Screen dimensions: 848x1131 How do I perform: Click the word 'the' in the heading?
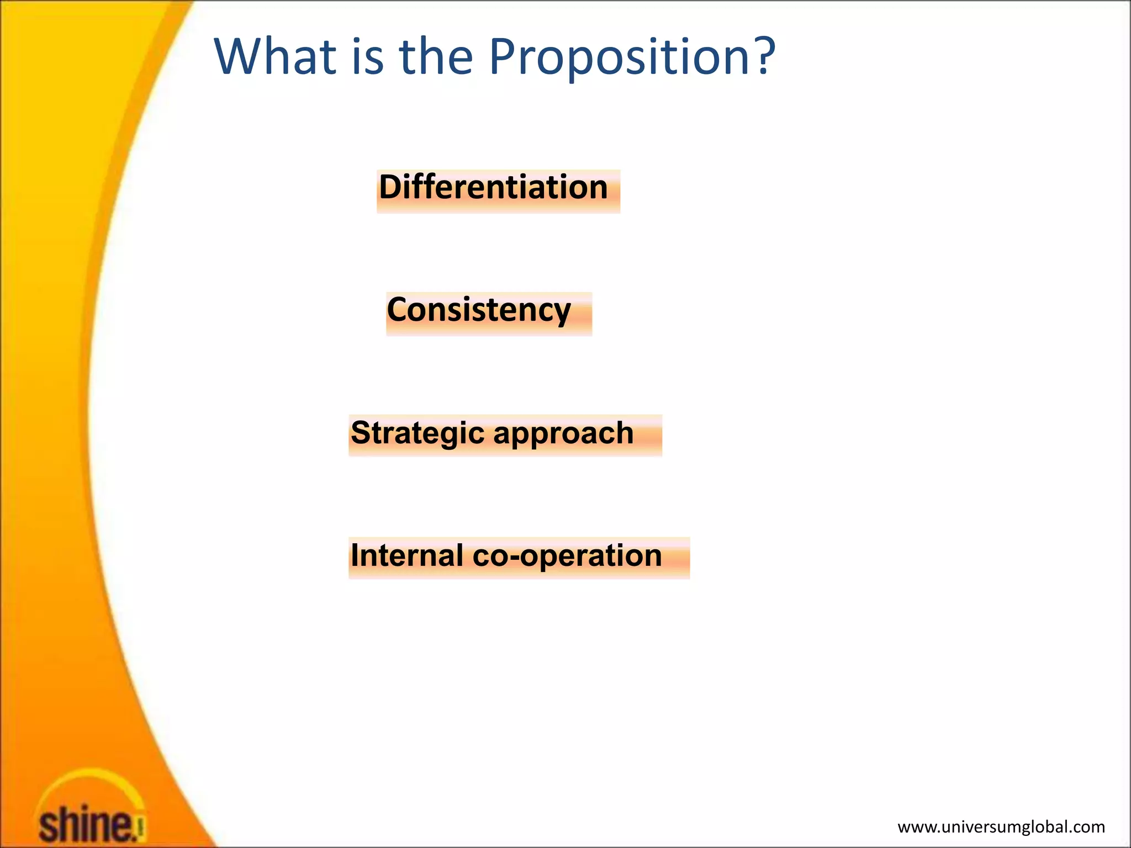click(436, 56)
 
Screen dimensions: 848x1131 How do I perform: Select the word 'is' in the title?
click(367, 56)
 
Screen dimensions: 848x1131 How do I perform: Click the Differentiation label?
click(493, 187)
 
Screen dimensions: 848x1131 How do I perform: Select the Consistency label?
click(478, 310)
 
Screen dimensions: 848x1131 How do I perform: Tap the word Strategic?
click(417, 433)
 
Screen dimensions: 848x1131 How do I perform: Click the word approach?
click(563, 433)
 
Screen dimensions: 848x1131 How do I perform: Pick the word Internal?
click(406, 555)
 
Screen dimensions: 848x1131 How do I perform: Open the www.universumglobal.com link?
click(1001, 826)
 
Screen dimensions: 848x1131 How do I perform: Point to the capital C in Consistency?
click(398, 310)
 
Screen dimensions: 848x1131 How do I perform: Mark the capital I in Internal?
click(354, 555)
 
